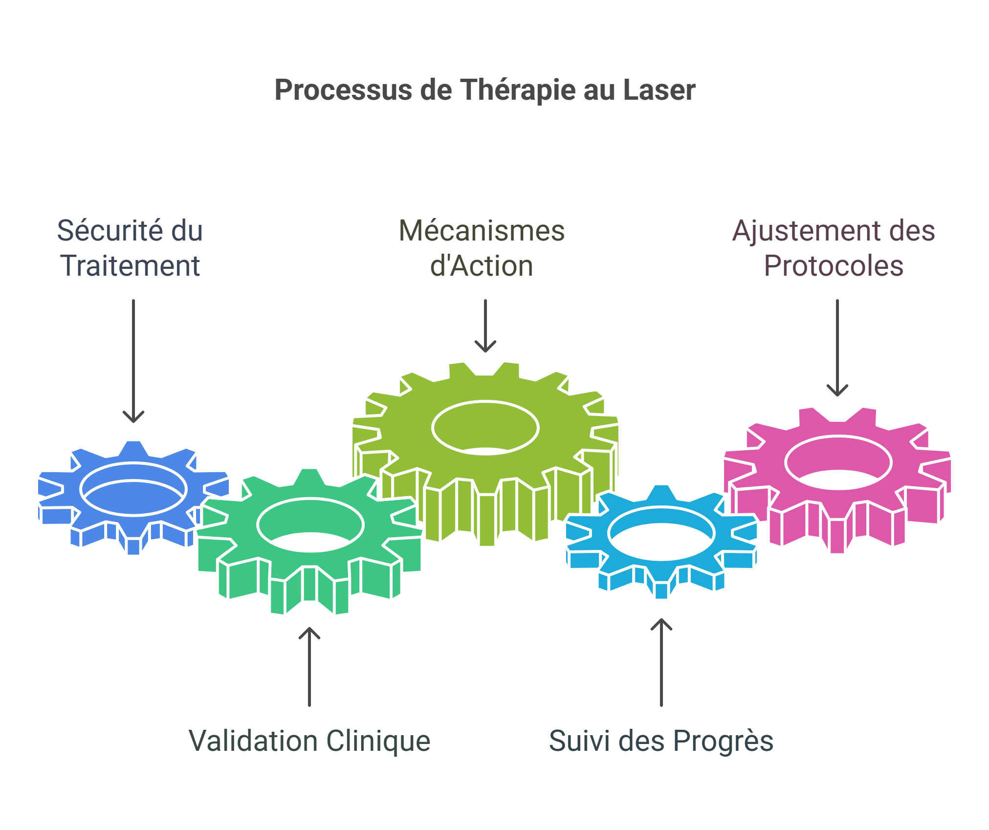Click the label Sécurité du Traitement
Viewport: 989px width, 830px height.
coord(130,248)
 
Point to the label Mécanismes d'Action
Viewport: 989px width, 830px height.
coord(482,248)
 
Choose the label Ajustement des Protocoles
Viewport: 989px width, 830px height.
coord(834,248)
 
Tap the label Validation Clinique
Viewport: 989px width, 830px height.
coord(309,741)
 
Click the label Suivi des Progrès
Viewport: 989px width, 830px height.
coord(661,741)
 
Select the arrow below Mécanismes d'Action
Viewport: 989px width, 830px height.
coord(485,326)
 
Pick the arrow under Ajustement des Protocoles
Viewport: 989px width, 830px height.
coord(837,348)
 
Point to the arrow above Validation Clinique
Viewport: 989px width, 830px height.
coord(309,667)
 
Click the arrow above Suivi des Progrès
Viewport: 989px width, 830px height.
coord(661,662)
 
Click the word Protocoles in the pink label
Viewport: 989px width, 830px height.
coord(834,266)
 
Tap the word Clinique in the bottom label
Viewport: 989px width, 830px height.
coord(379,741)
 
